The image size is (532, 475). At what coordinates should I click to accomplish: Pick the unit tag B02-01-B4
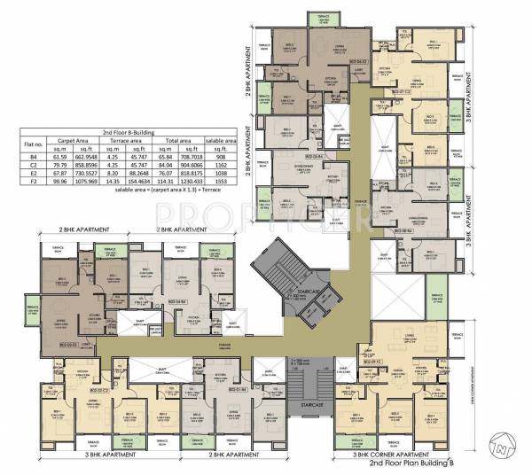235,388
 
